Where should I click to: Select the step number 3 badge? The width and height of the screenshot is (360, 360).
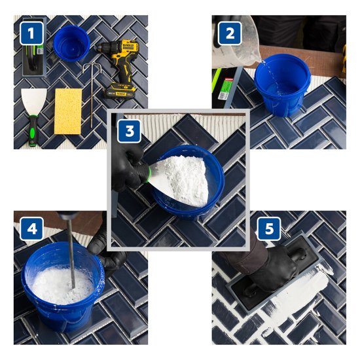click(x=128, y=130)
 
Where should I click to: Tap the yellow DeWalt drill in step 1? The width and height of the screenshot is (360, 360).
click(x=118, y=65)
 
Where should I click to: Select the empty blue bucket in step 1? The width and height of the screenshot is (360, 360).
click(x=71, y=43)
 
